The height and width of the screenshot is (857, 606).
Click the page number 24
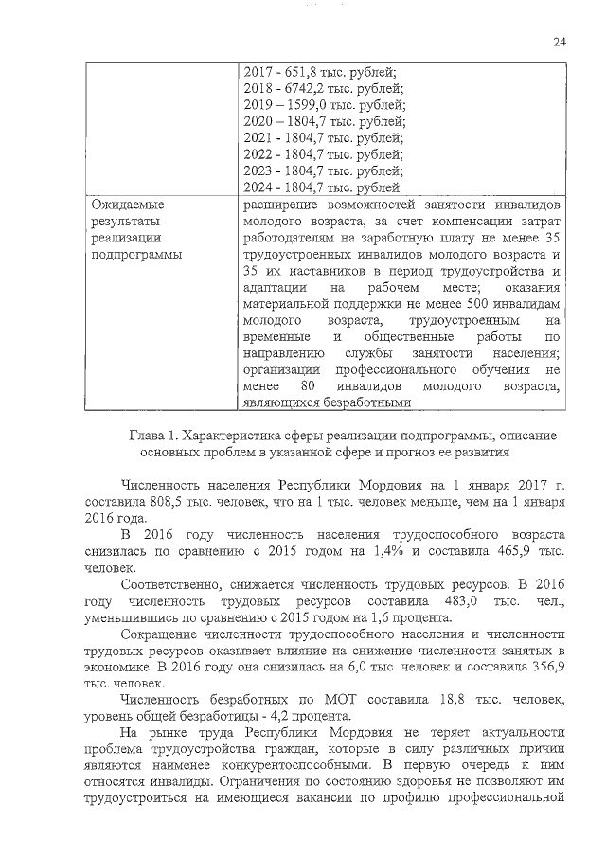coord(559,42)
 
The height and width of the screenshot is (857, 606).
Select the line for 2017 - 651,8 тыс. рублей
coord(320,72)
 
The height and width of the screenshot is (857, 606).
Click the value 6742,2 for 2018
coord(300,88)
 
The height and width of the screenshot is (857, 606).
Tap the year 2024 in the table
coord(258,187)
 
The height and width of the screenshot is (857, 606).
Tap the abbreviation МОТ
coord(307,703)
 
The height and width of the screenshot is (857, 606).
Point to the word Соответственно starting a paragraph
coord(174,586)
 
